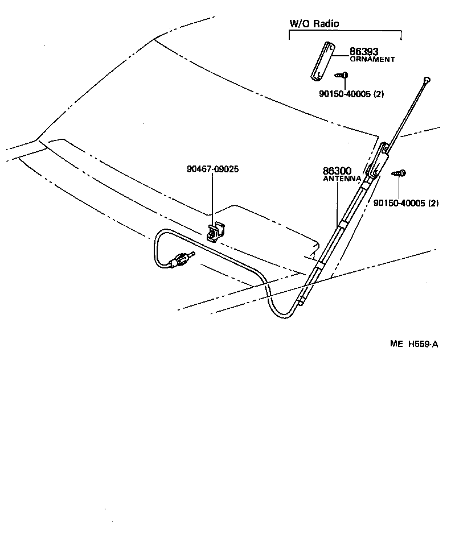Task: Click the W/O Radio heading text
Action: (314, 24)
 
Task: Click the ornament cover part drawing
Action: (322, 61)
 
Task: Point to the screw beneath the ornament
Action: (343, 75)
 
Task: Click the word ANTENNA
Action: (342, 178)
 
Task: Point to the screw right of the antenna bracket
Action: (400, 172)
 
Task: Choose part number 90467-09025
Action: (212, 169)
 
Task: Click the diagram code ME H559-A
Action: (414, 344)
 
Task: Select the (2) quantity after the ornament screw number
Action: (379, 94)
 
